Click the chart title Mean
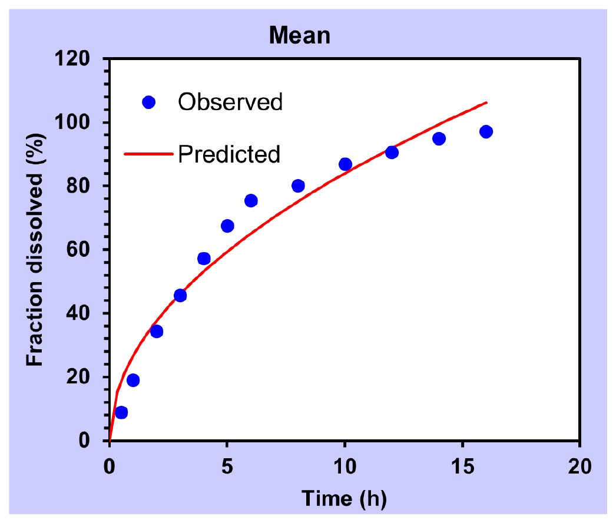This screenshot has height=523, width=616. (x=300, y=35)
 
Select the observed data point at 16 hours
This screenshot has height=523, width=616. (x=486, y=132)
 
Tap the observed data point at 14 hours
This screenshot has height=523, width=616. (x=439, y=138)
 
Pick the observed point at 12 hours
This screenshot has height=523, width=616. (x=392, y=152)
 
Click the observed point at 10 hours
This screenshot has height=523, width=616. (x=345, y=164)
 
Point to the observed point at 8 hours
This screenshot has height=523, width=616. (x=298, y=186)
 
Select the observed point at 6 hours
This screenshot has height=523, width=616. (x=251, y=201)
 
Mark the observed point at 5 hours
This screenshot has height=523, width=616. (x=227, y=226)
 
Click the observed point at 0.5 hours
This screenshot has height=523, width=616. (x=121, y=412)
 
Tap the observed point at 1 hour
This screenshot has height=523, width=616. (x=133, y=380)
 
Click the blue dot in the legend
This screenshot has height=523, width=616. (x=148, y=102)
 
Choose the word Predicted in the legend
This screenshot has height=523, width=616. (x=229, y=154)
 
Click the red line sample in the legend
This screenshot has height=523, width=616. (x=148, y=154)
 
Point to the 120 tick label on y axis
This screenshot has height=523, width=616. (x=72, y=58)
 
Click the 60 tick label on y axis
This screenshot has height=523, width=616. (x=78, y=250)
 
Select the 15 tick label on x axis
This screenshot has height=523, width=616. (x=462, y=467)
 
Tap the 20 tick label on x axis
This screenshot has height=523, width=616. (x=579, y=467)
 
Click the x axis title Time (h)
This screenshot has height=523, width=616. (x=344, y=499)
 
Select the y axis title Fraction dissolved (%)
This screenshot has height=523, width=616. (x=35, y=250)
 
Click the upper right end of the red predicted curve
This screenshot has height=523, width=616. (x=487, y=102)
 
